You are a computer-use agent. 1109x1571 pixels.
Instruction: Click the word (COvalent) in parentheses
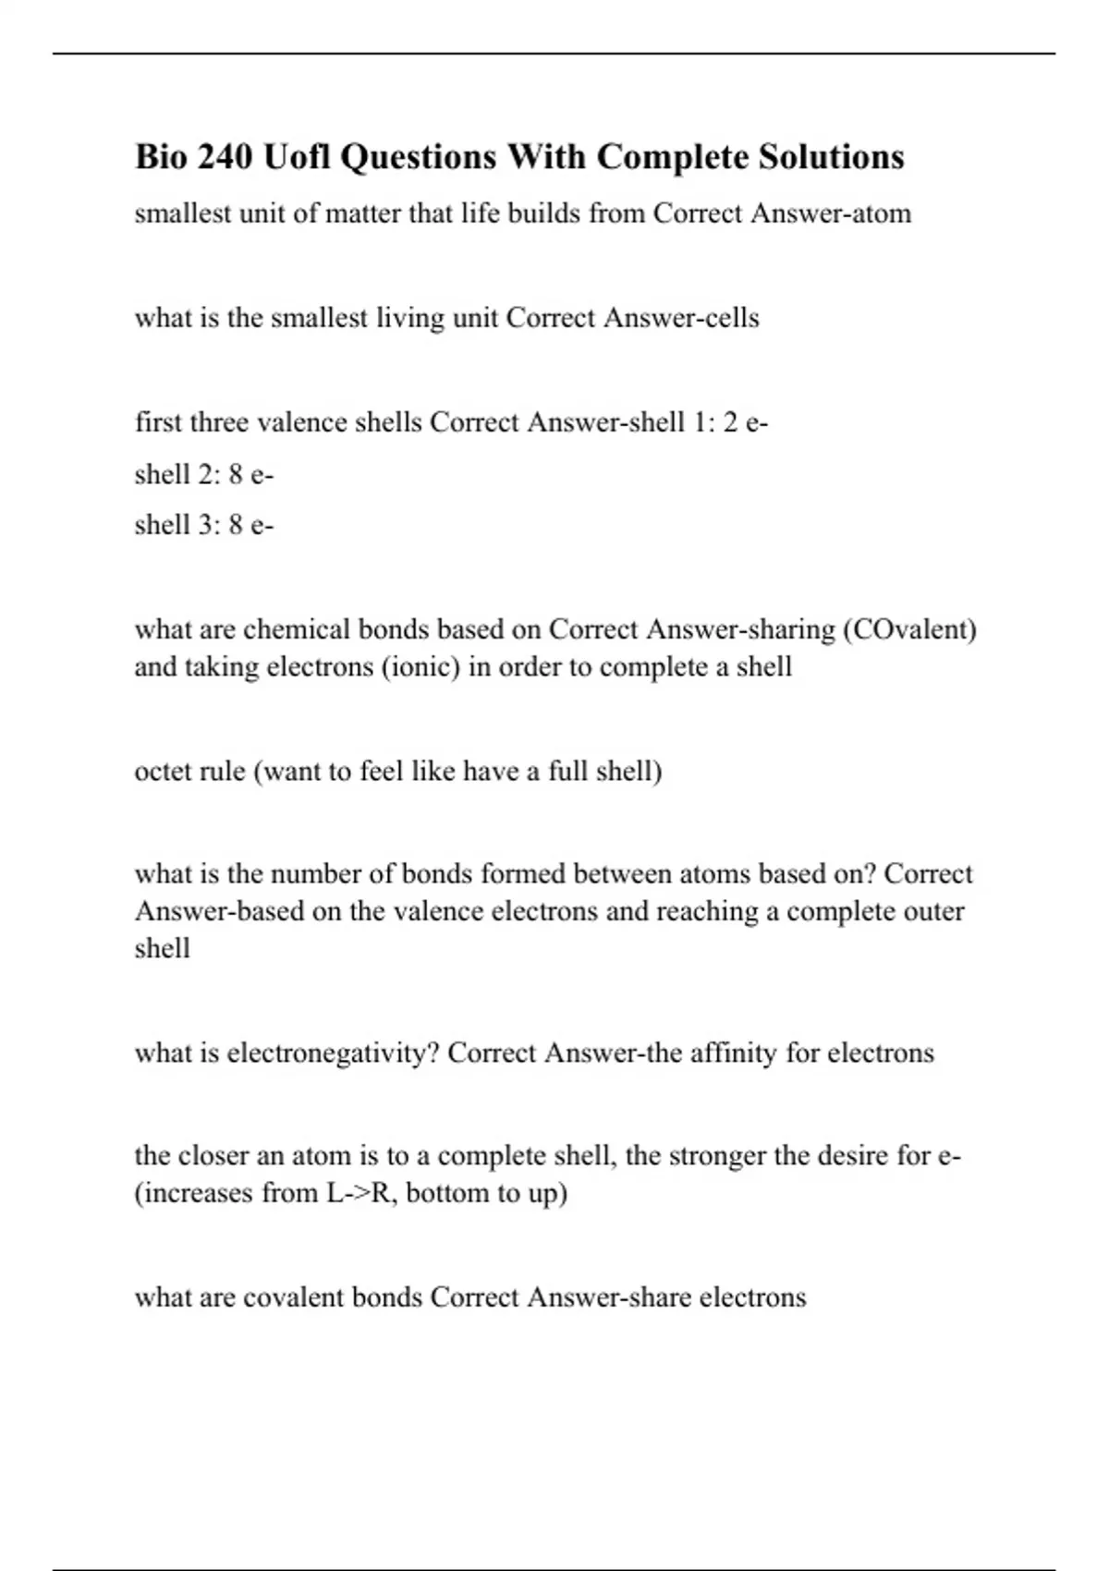[910, 629]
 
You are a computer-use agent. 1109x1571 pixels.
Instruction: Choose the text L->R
[361, 1193]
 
